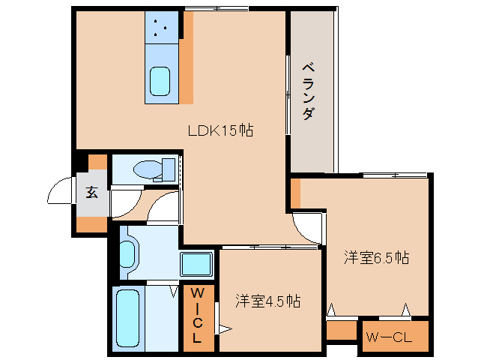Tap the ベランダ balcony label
tap(308, 91)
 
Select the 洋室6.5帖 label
tap(376, 257)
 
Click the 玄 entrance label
tap(91, 192)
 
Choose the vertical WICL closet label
tap(197, 315)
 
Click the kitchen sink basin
tap(161, 81)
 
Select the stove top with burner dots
tap(161, 27)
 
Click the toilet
tap(153, 169)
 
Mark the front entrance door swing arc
tap(61, 191)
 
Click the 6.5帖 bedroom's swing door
tap(307, 225)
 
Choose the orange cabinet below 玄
tap(92, 223)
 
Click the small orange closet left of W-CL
tap(341, 330)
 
